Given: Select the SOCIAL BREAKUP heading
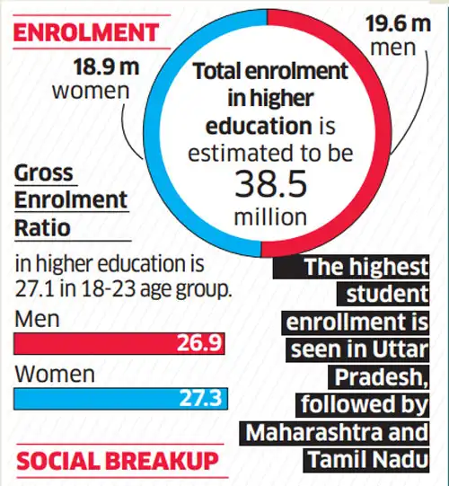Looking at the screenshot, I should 117,462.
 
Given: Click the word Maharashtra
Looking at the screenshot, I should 312,432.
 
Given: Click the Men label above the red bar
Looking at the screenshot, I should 34,319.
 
